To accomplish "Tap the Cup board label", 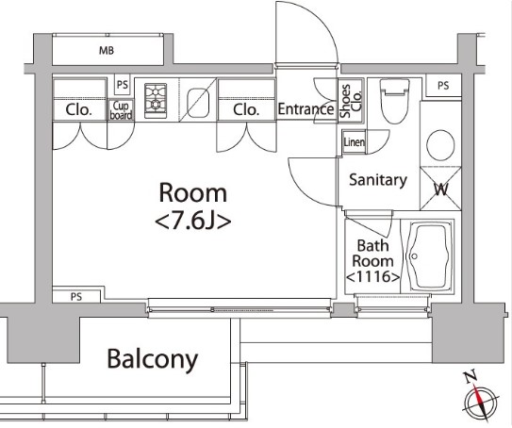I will pos(122,111).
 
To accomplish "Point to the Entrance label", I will pos(306,109).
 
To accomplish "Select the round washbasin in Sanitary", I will pos(438,145).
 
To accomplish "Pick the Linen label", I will pos(355,142).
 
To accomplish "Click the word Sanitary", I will pos(377,179).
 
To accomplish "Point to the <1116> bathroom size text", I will pos(372,277).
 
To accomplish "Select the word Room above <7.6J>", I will pos(192,193).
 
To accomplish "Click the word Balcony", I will pos(152,358).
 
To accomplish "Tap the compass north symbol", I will pos(481,403).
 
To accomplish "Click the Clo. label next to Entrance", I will pos(246,110).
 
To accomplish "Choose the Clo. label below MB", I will pos(79,110).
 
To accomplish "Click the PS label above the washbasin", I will pos(443,85).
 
